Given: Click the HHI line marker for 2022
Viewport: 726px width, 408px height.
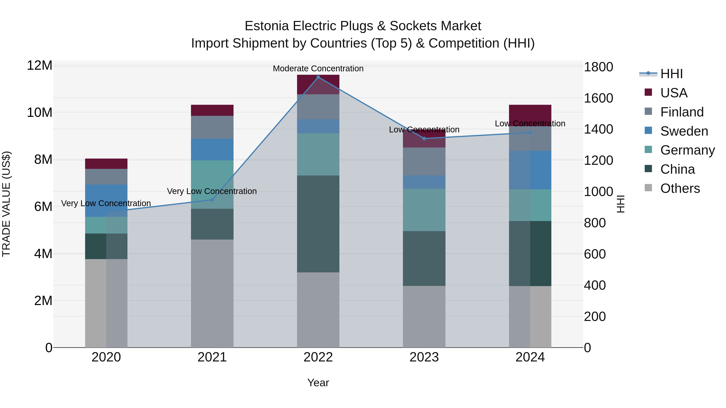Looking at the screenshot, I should [318, 77].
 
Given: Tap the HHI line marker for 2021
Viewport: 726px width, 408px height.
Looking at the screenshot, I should [212, 200].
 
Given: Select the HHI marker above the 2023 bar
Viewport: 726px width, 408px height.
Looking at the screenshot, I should [424, 139].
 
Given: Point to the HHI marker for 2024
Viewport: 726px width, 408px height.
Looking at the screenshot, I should [530, 133].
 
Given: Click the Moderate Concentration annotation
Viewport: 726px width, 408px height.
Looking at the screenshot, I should [318, 69].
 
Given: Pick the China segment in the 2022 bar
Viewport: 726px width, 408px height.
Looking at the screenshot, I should [318, 224].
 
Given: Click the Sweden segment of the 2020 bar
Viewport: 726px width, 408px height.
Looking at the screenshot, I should [106, 200].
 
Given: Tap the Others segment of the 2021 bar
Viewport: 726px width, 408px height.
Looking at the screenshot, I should [212, 293].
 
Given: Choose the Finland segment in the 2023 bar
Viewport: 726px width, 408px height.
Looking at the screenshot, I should [424, 161].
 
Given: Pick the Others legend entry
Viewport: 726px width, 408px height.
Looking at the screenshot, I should [680, 189].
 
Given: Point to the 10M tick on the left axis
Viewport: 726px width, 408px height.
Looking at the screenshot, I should [40, 113].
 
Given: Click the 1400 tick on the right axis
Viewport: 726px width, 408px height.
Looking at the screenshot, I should [598, 130].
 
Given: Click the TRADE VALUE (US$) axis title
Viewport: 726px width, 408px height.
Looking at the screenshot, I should [6, 204].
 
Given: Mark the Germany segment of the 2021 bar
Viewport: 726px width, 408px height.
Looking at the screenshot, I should [212, 184].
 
